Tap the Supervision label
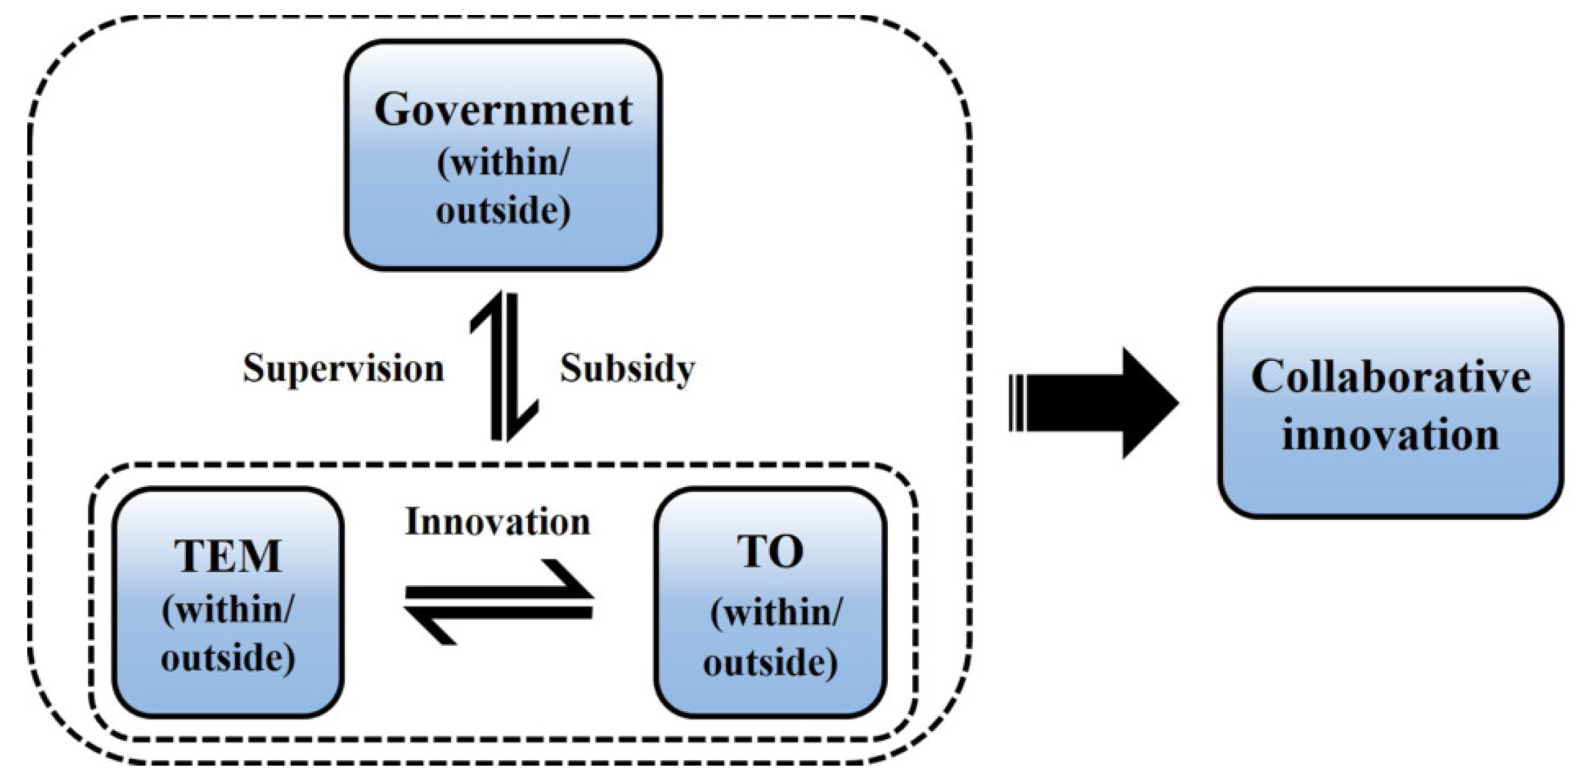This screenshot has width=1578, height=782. (x=343, y=369)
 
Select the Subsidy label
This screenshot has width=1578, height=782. (x=627, y=369)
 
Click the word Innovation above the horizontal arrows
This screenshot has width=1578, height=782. (x=497, y=522)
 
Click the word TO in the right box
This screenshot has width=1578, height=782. (x=770, y=551)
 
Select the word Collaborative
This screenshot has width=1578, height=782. (x=1391, y=376)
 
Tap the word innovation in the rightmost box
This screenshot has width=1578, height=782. (x=1391, y=435)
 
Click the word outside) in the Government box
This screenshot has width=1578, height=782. (x=503, y=210)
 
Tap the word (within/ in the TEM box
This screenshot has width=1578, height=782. (x=228, y=608)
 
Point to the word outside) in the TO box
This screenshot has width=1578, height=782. (x=770, y=661)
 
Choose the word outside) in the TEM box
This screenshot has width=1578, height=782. (x=228, y=658)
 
